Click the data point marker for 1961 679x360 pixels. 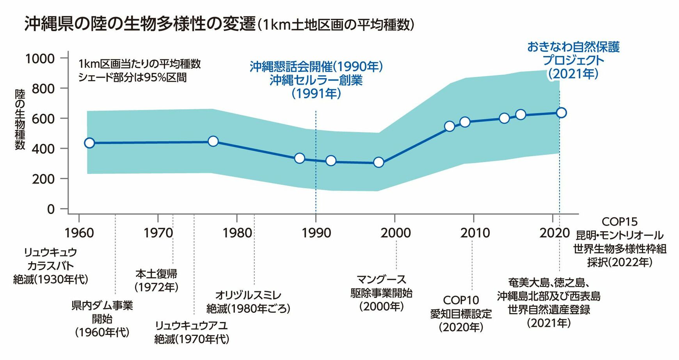click(89, 143)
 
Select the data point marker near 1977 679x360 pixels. click(213, 141)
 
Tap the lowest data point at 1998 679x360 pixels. click(379, 162)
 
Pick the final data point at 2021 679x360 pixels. click(561, 113)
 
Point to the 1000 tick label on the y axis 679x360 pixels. click(40, 59)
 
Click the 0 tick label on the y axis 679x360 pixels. click(51, 209)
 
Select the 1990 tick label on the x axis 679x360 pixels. click(316, 233)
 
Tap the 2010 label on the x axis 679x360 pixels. click(475, 233)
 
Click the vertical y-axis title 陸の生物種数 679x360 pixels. click(20, 119)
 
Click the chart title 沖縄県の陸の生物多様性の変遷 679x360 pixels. click(140, 24)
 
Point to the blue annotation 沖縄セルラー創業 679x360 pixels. click(316, 80)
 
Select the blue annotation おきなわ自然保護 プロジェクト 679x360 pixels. click(573, 53)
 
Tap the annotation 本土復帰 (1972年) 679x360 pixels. click(156, 280)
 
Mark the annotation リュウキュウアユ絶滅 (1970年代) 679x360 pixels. click(191, 332)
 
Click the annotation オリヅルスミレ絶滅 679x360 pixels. click(248, 302)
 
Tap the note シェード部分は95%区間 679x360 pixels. click(132, 77)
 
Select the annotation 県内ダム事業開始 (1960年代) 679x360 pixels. click(102, 319)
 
